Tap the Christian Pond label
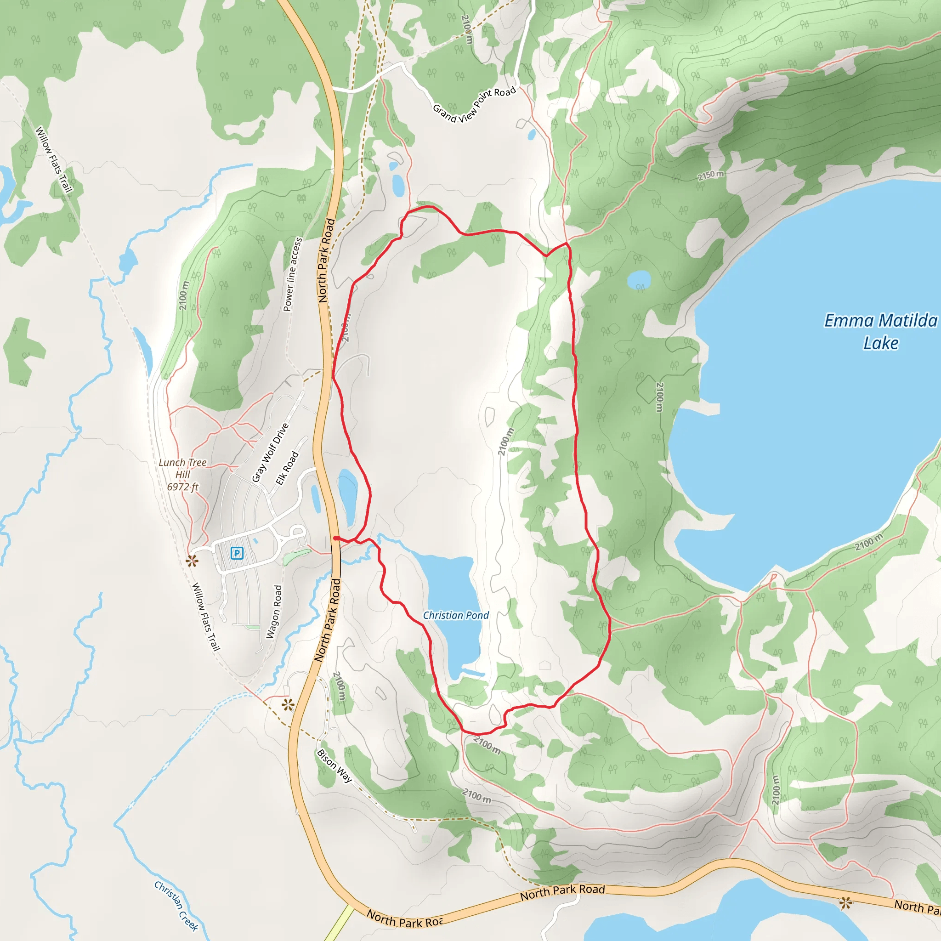[x=455, y=615]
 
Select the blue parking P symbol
[x=237, y=553]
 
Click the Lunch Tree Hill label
[x=183, y=468]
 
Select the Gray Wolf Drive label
[x=270, y=453]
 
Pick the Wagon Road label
[x=274, y=612]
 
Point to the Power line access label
[x=293, y=274]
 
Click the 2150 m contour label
[x=710, y=175]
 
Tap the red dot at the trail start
[x=336, y=538]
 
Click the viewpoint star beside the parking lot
[x=192, y=561]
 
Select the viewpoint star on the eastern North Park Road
[x=846, y=903]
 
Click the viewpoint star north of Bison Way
[x=288, y=704]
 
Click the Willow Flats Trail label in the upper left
[x=54, y=159]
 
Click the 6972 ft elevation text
[x=183, y=487]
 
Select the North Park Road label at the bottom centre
[x=562, y=892]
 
